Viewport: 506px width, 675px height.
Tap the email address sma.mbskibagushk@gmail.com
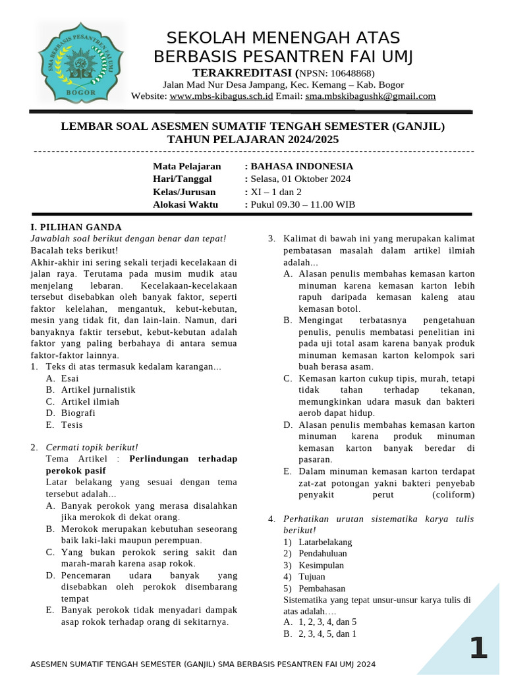(x=370, y=96)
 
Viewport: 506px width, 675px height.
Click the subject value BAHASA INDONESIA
(x=301, y=166)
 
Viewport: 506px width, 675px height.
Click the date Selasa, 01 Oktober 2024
(x=300, y=179)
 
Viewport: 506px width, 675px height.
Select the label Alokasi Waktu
(x=185, y=204)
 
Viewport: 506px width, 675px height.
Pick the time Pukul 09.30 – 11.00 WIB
(x=302, y=204)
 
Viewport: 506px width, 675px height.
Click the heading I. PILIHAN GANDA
(x=76, y=226)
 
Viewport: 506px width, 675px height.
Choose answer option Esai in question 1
(x=70, y=378)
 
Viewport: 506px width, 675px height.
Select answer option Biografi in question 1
(x=78, y=413)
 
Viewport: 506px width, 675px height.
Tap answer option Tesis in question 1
(x=72, y=425)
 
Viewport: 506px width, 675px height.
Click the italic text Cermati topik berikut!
(x=92, y=448)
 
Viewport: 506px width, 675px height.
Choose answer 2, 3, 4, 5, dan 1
(x=327, y=634)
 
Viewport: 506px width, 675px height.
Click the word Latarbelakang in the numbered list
(x=325, y=542)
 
